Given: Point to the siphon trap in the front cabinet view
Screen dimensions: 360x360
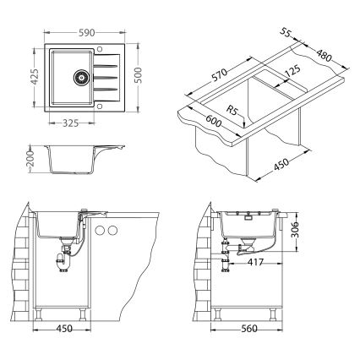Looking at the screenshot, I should [65, 259].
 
